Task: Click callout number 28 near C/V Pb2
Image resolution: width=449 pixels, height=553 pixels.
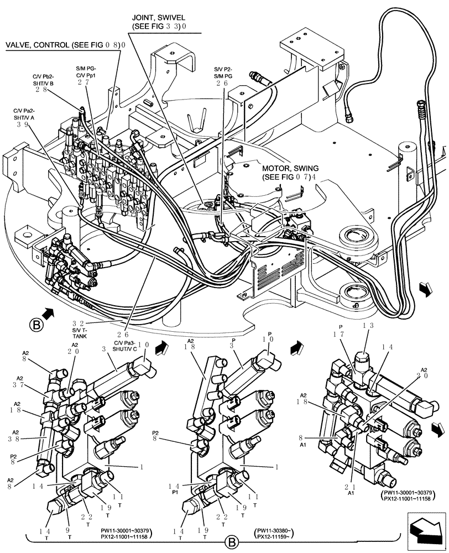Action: coord(40,90)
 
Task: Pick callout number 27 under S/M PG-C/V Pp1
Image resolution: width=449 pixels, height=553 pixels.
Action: coord(83,82)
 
